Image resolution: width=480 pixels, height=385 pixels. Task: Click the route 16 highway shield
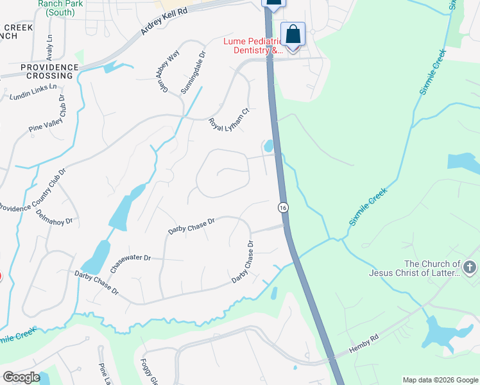tap(282, 207)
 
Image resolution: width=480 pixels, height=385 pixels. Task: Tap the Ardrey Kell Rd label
tap(166, 23)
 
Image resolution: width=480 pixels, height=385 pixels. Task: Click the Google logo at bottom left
tap(21, 377)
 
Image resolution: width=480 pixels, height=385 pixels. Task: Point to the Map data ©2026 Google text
tap(440, 380)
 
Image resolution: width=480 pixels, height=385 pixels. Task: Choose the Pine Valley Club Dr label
tap(48, 114)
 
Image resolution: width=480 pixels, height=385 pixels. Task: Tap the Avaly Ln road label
tap(49, 45)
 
